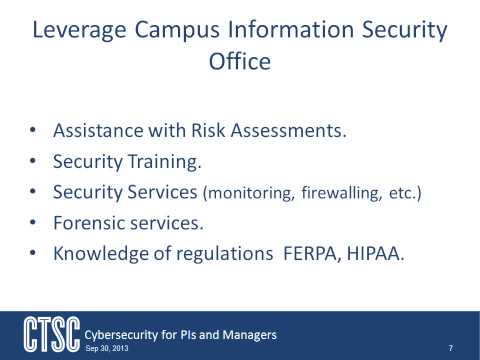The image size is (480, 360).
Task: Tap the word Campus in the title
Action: [179, 31]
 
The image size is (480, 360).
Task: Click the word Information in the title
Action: [292, 31]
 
